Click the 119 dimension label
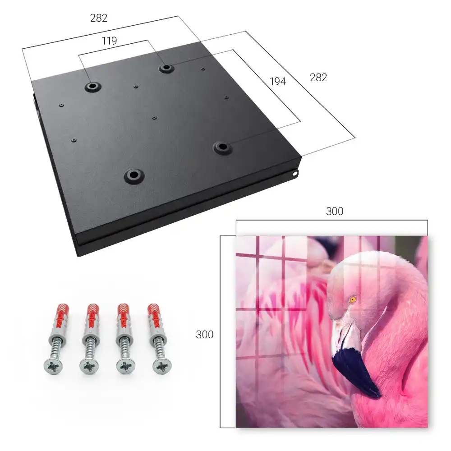click(x=109, y=41)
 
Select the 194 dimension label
click(x=278, y=82)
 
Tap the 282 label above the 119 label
click(x=99, y=18)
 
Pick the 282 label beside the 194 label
click(x=318, y=78)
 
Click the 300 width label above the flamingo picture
click(x=335, y=212)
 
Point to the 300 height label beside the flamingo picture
click(x=204, y=335)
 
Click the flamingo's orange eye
click(x=353, y=300)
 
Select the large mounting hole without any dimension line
click(x=134, y=175)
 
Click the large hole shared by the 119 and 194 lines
click(x=166, y=68)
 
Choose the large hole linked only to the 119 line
click(x=92, y=86)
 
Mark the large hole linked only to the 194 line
click(x=222, y=147)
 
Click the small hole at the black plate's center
click(x=154, y=118)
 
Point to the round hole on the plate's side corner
click(x=295, y=174)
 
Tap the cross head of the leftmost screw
click(x=53, y=366)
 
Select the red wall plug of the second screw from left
click(x=92, y=317)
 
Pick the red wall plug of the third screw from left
click(x=124, y=317)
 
